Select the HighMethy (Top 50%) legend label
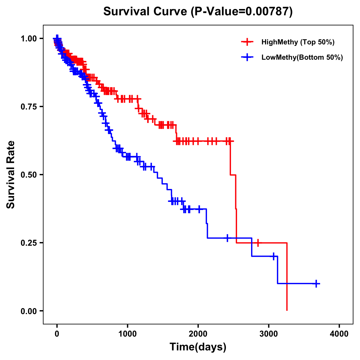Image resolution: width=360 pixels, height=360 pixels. tap(298, 42)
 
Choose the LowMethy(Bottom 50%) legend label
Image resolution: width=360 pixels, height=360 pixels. tap(302, 57)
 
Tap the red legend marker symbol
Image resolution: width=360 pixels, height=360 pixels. tap(247, 42)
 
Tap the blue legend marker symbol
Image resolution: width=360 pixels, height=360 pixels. tap(247, 57)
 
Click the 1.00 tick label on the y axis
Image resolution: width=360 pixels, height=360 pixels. tap(28, 39)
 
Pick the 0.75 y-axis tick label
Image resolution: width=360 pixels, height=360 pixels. tap(28, 107)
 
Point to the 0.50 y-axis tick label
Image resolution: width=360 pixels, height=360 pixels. tap(28, 175)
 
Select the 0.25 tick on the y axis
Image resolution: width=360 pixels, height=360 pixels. tap(28, 243)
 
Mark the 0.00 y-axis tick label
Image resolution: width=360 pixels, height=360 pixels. tap(28, 311)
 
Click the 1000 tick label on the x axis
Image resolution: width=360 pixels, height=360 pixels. tap(127, 334)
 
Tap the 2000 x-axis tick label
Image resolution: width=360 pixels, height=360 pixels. tap(198, 334)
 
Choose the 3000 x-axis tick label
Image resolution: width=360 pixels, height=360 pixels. tap(269, 334)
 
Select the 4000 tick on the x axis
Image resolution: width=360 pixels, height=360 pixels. tap(339, 334)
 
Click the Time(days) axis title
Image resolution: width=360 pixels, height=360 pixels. tap(198, 347)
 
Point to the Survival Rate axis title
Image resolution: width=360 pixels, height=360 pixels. tap(11, 175)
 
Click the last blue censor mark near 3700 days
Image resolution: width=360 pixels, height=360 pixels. tap(316, 283)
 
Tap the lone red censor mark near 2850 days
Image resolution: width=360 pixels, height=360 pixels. tap(258, 243)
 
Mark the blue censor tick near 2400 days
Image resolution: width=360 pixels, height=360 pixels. tap(227, 238)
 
